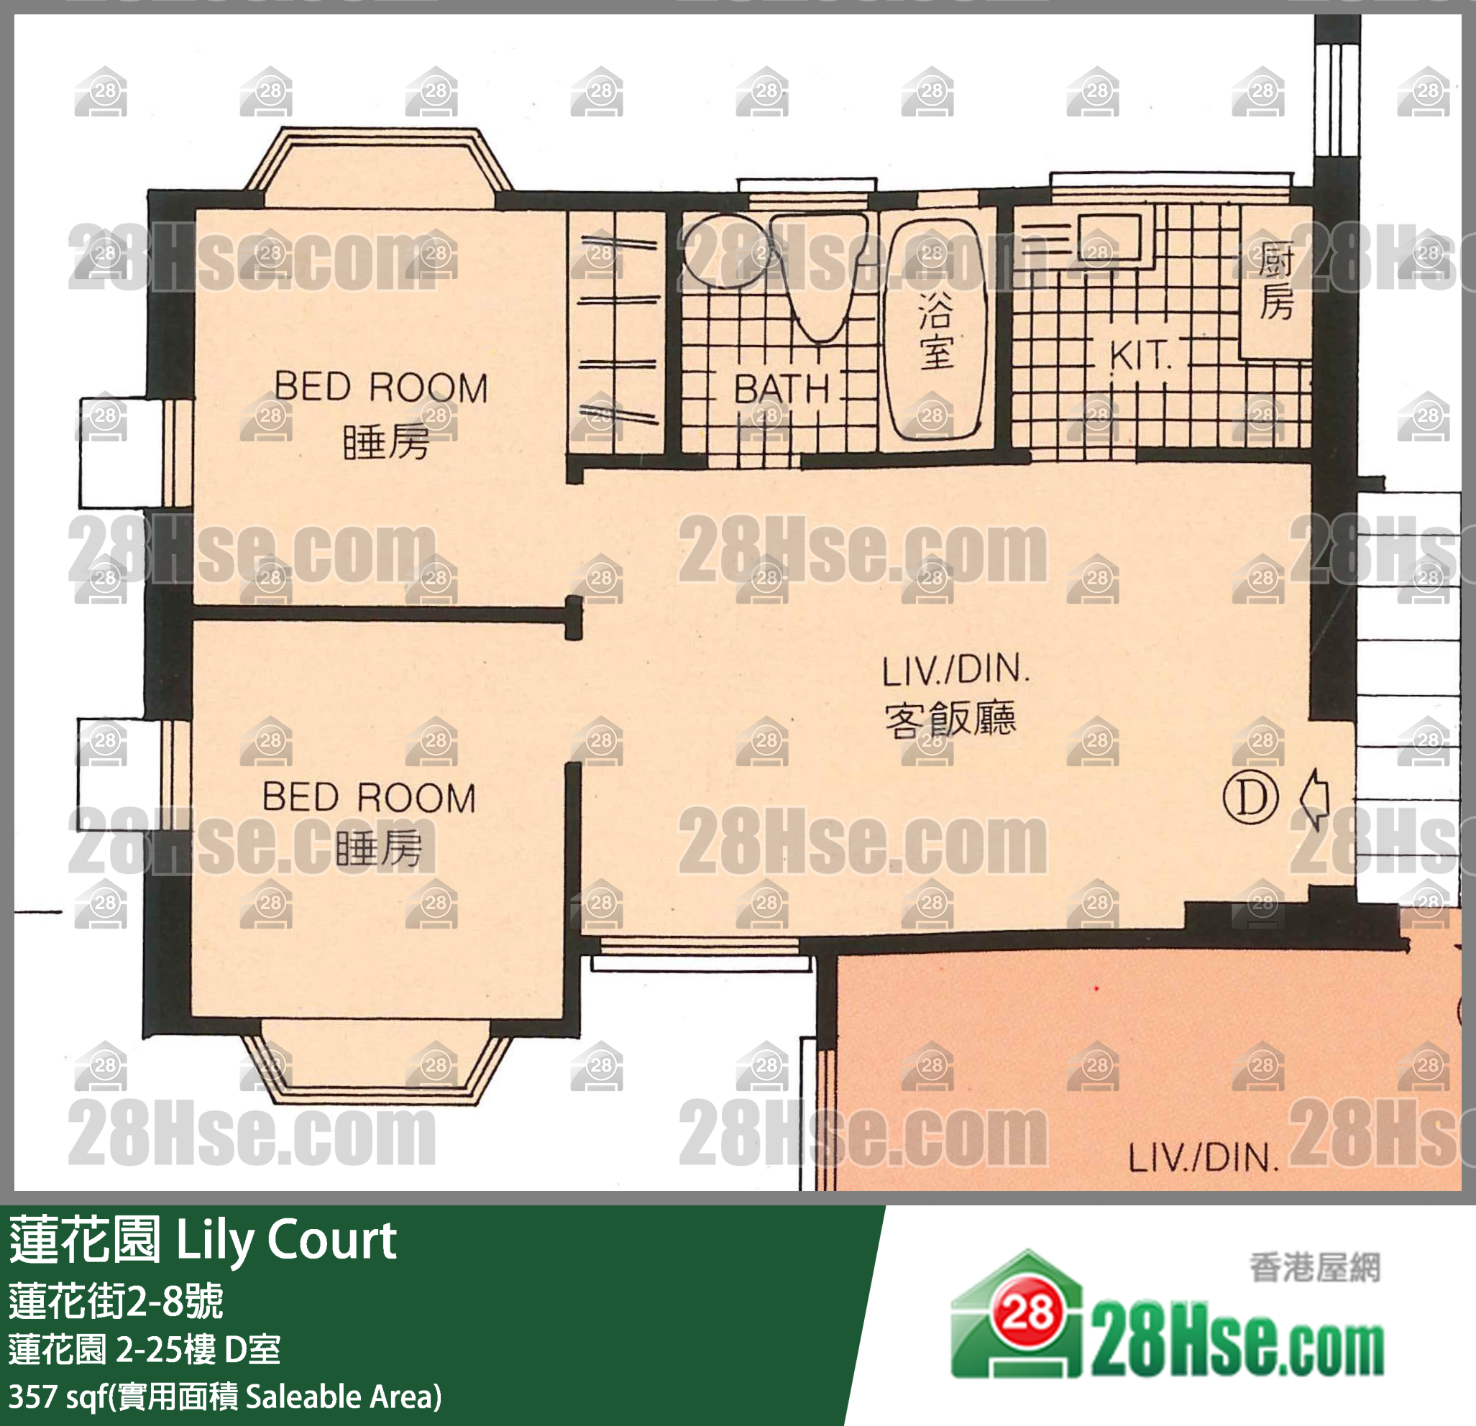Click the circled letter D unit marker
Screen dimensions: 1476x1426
point(1251,798)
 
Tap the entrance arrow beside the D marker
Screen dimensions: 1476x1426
point(1315,799)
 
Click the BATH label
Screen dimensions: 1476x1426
point(781,390)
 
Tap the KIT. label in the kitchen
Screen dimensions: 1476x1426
point(1140,356)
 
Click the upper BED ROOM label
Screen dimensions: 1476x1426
point(381,387)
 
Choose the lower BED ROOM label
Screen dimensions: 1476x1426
point(369,796)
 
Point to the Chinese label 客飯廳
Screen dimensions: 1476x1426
point(950,719)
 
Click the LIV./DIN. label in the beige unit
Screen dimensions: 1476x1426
point(955,669)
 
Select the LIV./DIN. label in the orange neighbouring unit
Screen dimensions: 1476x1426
point(1204,1159)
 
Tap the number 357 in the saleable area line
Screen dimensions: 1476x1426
point(32,1396)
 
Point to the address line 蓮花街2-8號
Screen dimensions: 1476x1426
point(116,1301)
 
